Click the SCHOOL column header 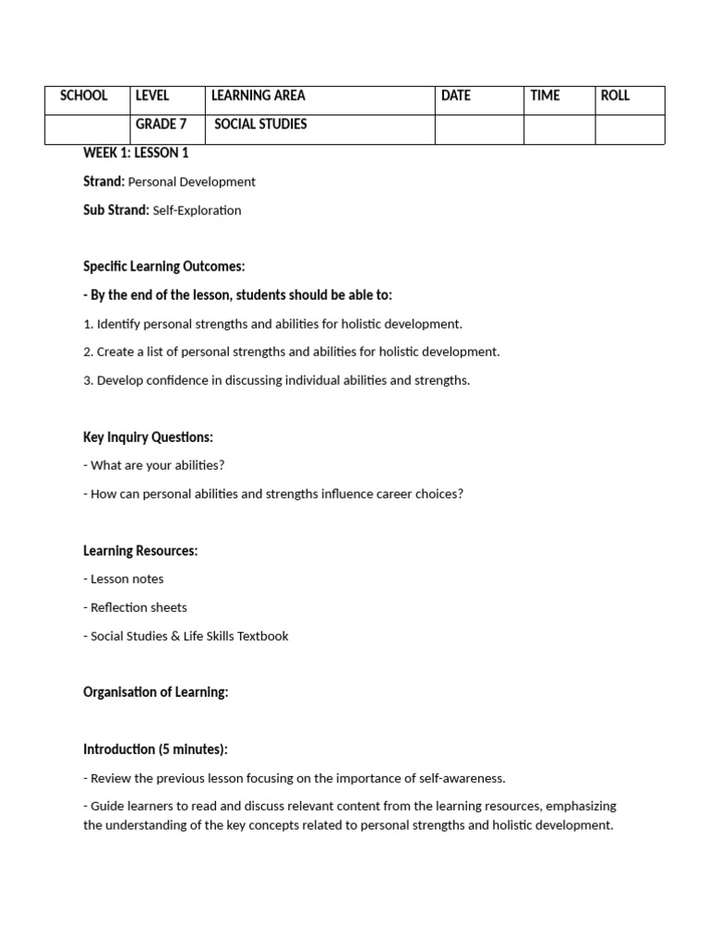[83, 96]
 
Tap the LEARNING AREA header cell [258, 96]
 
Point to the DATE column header [456, 96]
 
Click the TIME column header [545, 96]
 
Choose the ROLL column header [615, 96]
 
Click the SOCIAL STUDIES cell [260, 125]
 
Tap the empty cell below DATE [479, 129]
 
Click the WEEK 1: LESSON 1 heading [136, 153]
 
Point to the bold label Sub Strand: [115, 210]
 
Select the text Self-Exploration [197, 210]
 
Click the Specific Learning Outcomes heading [164, 267]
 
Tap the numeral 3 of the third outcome [87, 380]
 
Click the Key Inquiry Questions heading [148, 437]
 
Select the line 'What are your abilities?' [157, 466]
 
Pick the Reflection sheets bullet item [138, 607]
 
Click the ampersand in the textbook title [176, 636]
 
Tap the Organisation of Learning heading [155, 692]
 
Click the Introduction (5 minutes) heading [155, 749]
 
